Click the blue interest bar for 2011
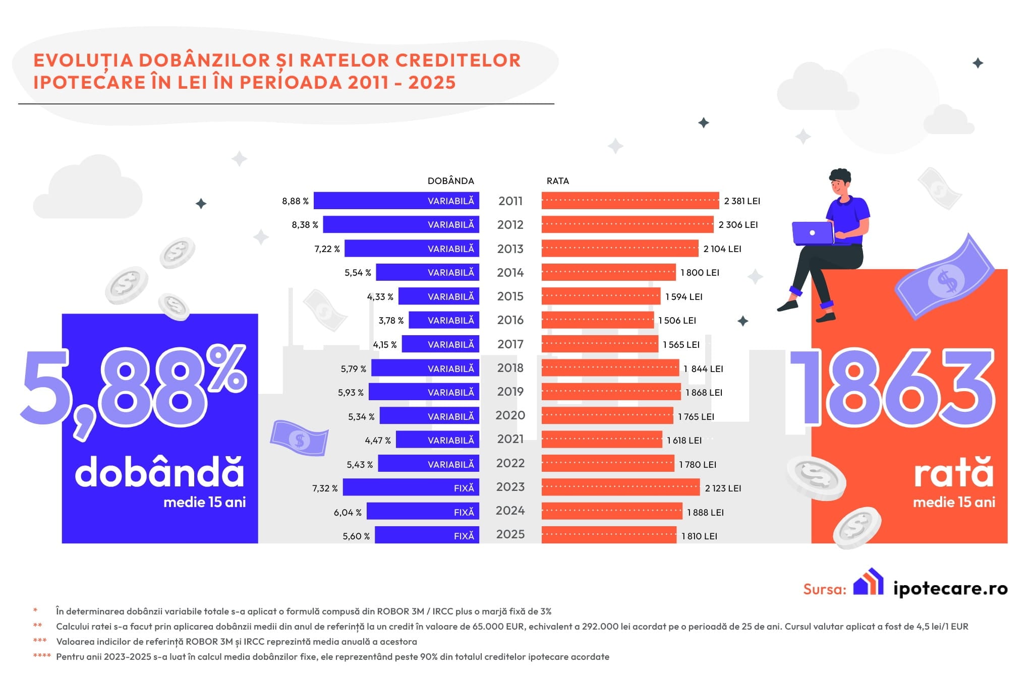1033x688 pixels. click(x=396, y=201)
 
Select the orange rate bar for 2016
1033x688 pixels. click(x=598, y=320)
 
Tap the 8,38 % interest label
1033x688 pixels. click(x=305, y=225)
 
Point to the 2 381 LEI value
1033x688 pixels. click(x=742, y=201)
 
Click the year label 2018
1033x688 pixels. click(x=510, y=368)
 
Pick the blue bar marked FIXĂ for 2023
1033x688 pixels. click(x=411, y=488)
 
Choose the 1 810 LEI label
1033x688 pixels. click(x=699, y=536)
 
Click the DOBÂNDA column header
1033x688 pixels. click(x=450, y=181)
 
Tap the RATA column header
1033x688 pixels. click(x=557, y=181)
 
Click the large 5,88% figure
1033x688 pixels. click(x=134, y=388)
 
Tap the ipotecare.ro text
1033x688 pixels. click(x=950, y=588)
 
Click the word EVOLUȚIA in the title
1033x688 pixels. click(x=83, y=60)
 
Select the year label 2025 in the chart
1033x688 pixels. click(x=510, y=534)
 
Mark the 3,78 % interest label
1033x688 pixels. click(x=391, y=321)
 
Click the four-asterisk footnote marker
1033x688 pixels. click(x=41, y=656)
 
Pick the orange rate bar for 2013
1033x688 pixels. click(x=620, y=248)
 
